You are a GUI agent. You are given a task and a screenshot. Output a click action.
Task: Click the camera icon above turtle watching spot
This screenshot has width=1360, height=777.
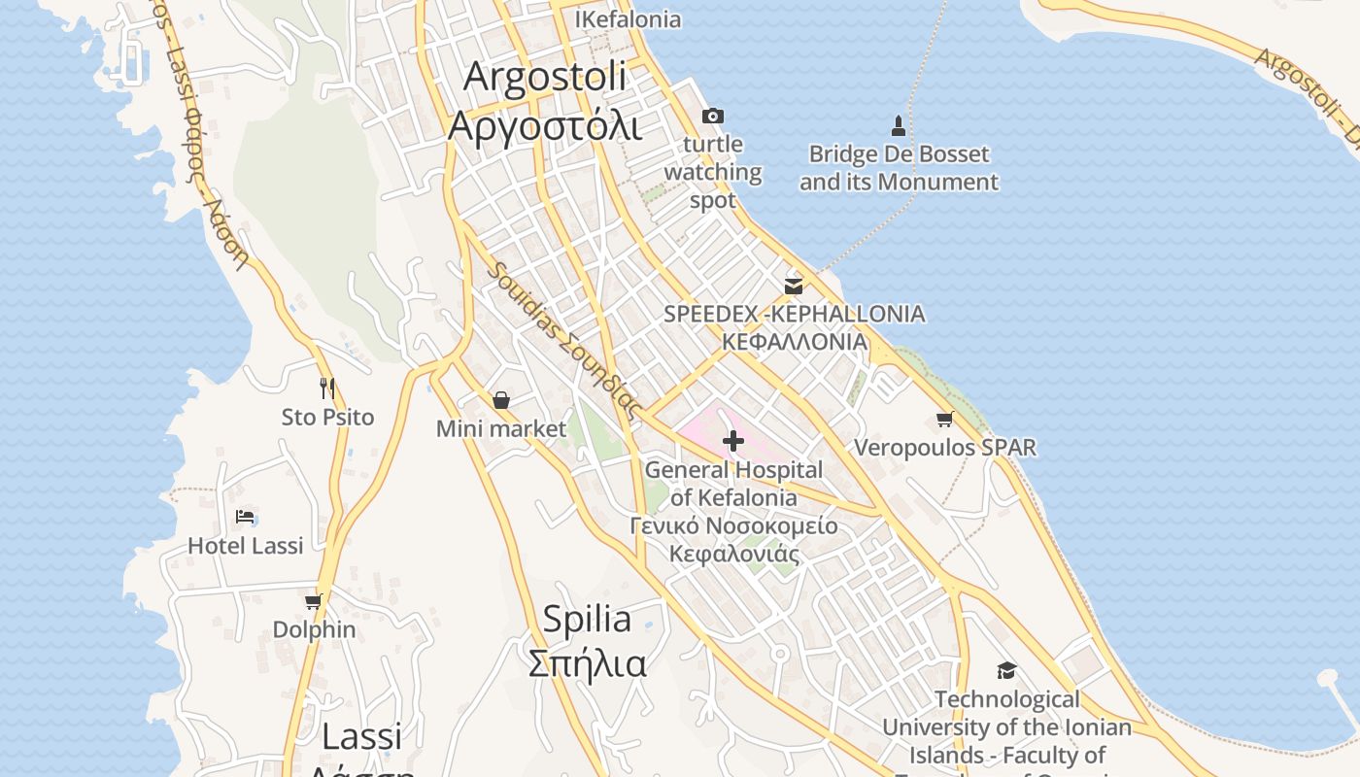pyautogui.click(x=712, y=117)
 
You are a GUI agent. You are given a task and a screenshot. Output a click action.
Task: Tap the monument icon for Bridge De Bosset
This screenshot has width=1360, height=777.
pyautogui.click(x=899, y=125)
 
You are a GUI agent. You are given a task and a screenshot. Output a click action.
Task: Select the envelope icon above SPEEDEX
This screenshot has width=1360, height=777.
pyautogui.click(x=794, y=286)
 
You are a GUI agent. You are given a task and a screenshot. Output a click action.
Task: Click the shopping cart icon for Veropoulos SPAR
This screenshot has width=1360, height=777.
pyautogui.click(x=944, y=420)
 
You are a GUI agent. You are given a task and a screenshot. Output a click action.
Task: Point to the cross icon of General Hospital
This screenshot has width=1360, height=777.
pyautogui.click(x=733, y=441)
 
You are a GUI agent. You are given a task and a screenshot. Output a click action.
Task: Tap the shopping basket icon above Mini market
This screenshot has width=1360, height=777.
pyautogui.click(x=501, y=400)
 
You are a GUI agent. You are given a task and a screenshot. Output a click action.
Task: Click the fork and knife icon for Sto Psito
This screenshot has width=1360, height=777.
pyautogui.click(x=327, y=388)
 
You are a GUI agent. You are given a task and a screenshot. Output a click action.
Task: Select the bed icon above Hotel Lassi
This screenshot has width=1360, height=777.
pyautogui.click(x=245, y=517)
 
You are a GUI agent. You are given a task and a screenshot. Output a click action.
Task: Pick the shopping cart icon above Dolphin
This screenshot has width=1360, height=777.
pyautogui.click(x=313, y=601)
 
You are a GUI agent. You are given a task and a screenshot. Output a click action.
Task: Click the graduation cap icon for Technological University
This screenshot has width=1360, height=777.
pyautogui.click(x=1006, y=670)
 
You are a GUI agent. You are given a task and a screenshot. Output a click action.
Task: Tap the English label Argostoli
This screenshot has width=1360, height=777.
pyautogui.click(x=545, y=77)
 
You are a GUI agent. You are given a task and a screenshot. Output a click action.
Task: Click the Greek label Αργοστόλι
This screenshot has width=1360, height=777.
pyautogui.click(x=545, y=125)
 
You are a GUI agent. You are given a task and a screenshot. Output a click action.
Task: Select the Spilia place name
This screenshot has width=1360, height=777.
pyautogui.click(x=587, y=619)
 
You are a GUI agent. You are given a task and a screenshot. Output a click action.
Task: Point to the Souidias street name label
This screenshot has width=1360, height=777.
pyautogui.click(x=564, y=340)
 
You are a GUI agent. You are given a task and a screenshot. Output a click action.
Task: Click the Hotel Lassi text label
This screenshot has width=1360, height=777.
pyautogui.click(x=245, y=546)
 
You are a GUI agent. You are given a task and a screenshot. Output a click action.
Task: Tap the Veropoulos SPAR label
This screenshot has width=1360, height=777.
pyautogui.click(x=944, y=448)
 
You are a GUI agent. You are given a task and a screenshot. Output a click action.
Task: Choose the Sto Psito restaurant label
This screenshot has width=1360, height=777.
pyautogui.click(x=327, y=418)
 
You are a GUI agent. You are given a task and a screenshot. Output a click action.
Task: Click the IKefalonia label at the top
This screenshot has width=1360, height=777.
pyautogui.click(x=628, y=19)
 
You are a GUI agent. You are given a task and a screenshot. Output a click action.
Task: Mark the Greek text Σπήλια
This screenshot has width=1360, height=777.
pyautogui.click(x=587, y=664)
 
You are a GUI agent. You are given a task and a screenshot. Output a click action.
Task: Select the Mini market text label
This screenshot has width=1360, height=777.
pyautogui.click(x=501, y=428)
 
